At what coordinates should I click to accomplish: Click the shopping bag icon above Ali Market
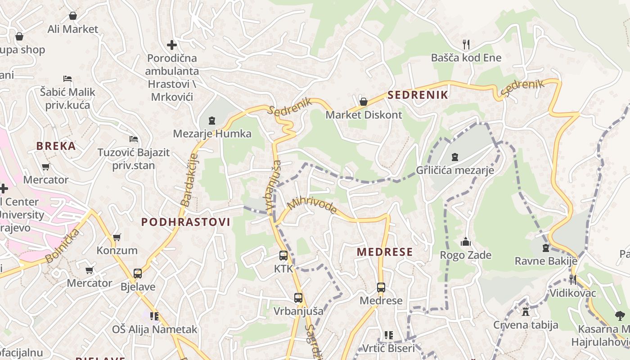pos(73,16)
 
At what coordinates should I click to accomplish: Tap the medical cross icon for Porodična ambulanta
pos(171,45)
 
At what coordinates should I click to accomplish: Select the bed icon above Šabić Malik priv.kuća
pos(67,79)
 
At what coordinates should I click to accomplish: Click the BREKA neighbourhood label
pos(56,146)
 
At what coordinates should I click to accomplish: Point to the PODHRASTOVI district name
pos(186,222)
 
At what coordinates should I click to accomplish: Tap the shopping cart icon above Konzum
pos(117,237)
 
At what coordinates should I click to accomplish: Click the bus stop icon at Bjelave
pos(138,274)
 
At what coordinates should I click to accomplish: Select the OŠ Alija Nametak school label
pos(154,329)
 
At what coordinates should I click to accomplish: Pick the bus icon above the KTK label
pos(283,256)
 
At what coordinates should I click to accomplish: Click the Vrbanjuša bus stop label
pos(298,311)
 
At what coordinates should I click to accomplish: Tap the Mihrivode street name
pos(312,205)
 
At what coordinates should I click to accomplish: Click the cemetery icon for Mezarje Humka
pos(212,120)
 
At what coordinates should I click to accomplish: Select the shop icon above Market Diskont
pos(364,102)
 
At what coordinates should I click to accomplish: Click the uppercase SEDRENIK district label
pos(418,95)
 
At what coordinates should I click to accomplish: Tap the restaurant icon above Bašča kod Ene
pos(466,44)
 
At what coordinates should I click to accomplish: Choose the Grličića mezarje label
pos(455,170)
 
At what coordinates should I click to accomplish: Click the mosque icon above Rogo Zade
pos(466,242)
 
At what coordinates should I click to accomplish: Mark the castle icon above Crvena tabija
pos(525,311)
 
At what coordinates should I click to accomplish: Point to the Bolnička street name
pos(63,246)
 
